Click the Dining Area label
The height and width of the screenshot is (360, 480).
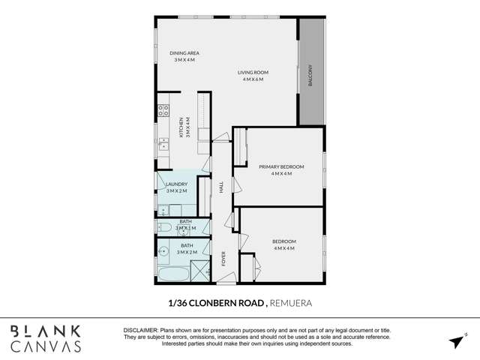[x=184, y=52]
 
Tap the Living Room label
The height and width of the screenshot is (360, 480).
[x=253, y=72]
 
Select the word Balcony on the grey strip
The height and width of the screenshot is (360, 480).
[x=310, y=77]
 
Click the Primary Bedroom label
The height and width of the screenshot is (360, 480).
[x=281, y=166]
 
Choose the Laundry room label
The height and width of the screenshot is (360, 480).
[x=177, y=184]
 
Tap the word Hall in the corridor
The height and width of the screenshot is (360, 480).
[x=222, y=188]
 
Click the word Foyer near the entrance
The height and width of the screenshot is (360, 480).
[x=223, y=259]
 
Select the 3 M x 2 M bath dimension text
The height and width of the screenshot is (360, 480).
[x=187, y=253]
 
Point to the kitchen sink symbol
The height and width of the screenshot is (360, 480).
[x=163, y=143]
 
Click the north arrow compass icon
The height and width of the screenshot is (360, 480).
[x=457, y=341]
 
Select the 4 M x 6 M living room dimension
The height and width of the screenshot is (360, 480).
[x=253, y=79]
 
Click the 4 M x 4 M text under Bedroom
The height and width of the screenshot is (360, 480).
[x=284, y=248]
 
